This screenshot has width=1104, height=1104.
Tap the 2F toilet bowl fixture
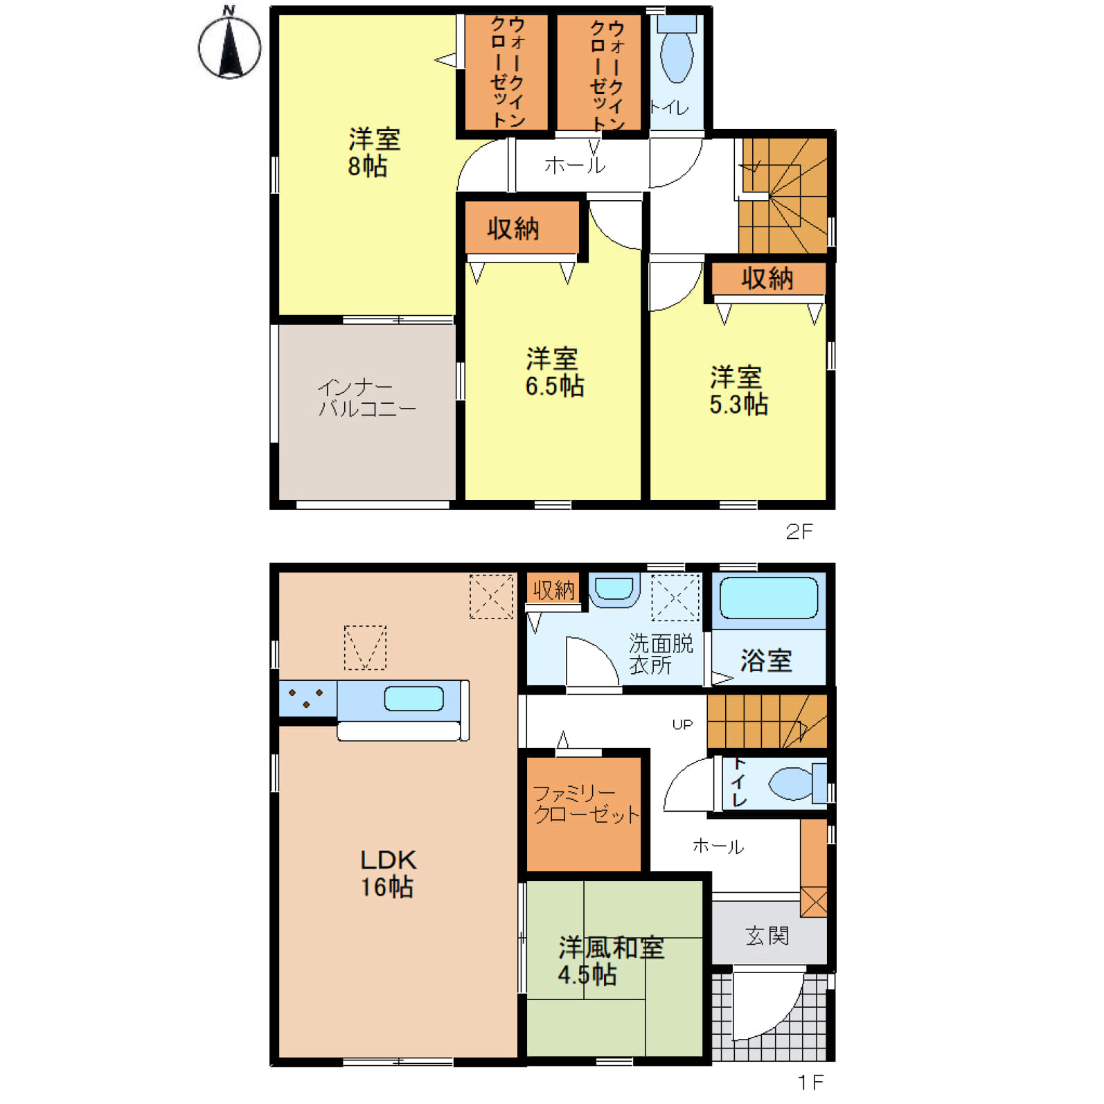pos(677,50)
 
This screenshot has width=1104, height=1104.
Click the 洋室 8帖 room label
pos(374,152)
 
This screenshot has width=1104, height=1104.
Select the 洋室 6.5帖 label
pos(554,372)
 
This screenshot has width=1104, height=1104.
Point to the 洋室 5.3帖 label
pos(738,391)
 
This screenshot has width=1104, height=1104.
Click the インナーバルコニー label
pos(367,398)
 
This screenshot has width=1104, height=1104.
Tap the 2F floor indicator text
pos(799,531)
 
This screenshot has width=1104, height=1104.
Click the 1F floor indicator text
pos(810,1082)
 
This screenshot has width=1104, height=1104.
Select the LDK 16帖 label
pos(387,873)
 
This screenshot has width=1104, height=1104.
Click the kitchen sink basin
pos(414,698)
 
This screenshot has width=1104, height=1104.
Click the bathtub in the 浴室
pos(769,598)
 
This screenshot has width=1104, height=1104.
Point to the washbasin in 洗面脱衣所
pos(614,590)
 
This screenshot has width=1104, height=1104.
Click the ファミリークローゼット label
pos(585,803)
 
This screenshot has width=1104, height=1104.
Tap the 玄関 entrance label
pos(767,936)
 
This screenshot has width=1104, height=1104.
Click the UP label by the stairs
pos(682,724)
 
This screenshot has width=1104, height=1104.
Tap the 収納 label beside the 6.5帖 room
pos(513,228)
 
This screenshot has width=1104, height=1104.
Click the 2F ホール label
pos(575,166)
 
